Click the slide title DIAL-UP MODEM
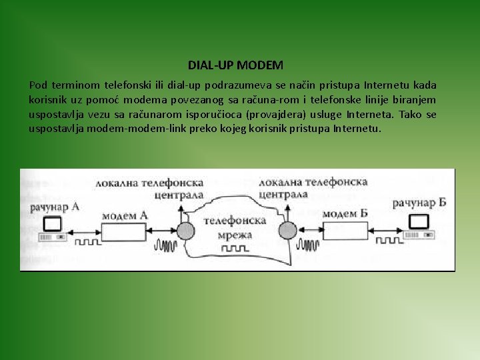(235, 65)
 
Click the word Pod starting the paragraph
(39, 85)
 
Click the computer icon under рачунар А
(51, 227)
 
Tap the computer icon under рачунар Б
(418, 224)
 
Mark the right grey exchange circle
(287, 231)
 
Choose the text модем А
(125, 215)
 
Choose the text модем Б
(344, 213)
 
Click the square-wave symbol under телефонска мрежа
(234, 248)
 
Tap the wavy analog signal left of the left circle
(164, 246)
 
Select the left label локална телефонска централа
(149, 188)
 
